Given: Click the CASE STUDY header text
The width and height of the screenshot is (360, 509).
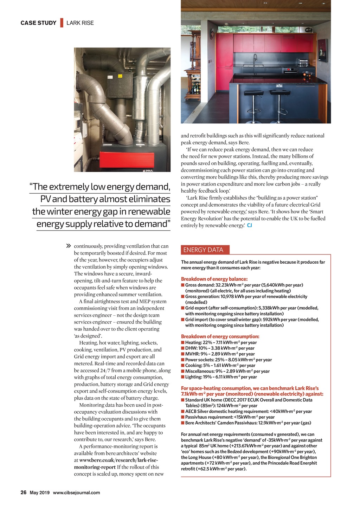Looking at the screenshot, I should pos(38,23).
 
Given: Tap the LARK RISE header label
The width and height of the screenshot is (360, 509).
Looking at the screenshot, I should pos(80,23).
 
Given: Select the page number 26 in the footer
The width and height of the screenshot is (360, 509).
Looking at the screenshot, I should pos(23,492).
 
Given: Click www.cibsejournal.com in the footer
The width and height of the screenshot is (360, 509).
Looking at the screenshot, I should pos(76,493).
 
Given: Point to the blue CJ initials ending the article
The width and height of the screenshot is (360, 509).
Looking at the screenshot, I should pos(249,225).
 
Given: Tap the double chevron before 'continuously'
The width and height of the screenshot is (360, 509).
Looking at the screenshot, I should pos(69,246).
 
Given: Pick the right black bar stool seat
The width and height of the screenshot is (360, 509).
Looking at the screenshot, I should pos(279,93).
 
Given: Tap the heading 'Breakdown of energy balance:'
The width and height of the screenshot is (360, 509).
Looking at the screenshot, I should pos(214,279).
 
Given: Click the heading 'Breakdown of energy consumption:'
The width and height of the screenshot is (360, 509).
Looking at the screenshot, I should pos(220,336).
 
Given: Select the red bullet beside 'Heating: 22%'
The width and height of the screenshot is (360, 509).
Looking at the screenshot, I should pos(183,342).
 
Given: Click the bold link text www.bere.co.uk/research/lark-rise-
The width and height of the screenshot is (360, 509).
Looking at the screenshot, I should pos(118,460).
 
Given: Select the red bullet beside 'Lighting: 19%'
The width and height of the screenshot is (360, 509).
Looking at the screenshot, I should pos(183,377).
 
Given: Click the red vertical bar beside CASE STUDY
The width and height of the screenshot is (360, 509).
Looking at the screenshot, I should pos(62,23).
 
